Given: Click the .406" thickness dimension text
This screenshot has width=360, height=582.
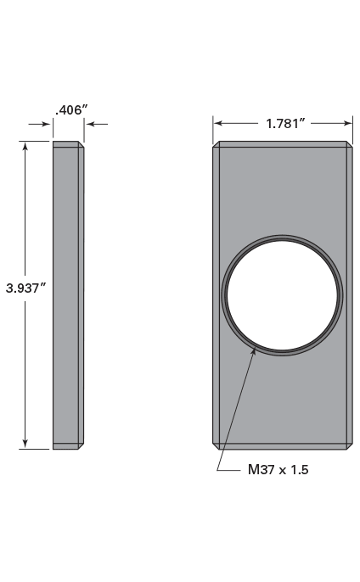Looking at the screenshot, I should [x=71, y=109].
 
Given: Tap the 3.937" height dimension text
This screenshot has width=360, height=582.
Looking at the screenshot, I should [x=25, y=288].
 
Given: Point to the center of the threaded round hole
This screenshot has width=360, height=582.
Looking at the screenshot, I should [x=284, y=294].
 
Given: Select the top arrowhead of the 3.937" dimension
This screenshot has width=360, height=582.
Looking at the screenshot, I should [x=25, y=147].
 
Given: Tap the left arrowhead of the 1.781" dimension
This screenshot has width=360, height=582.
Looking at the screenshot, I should [x=218, y=123].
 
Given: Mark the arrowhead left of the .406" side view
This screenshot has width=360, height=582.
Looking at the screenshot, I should [x=48, y=125].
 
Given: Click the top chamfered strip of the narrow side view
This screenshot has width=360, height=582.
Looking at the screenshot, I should [x=67, y=144].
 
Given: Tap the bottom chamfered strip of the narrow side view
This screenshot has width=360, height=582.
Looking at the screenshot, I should [x=67, y=445].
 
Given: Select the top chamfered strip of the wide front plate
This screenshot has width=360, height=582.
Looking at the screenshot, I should [x=283, y=144].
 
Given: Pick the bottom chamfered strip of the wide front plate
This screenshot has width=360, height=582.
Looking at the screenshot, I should [x=283, y=445].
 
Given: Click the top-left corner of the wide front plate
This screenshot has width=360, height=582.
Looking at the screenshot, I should [x=214, y=143].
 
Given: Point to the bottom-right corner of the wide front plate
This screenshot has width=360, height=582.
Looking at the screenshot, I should [x=351, y=447].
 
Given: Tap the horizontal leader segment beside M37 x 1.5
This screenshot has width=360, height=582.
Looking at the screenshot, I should [x=229, y=469].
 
